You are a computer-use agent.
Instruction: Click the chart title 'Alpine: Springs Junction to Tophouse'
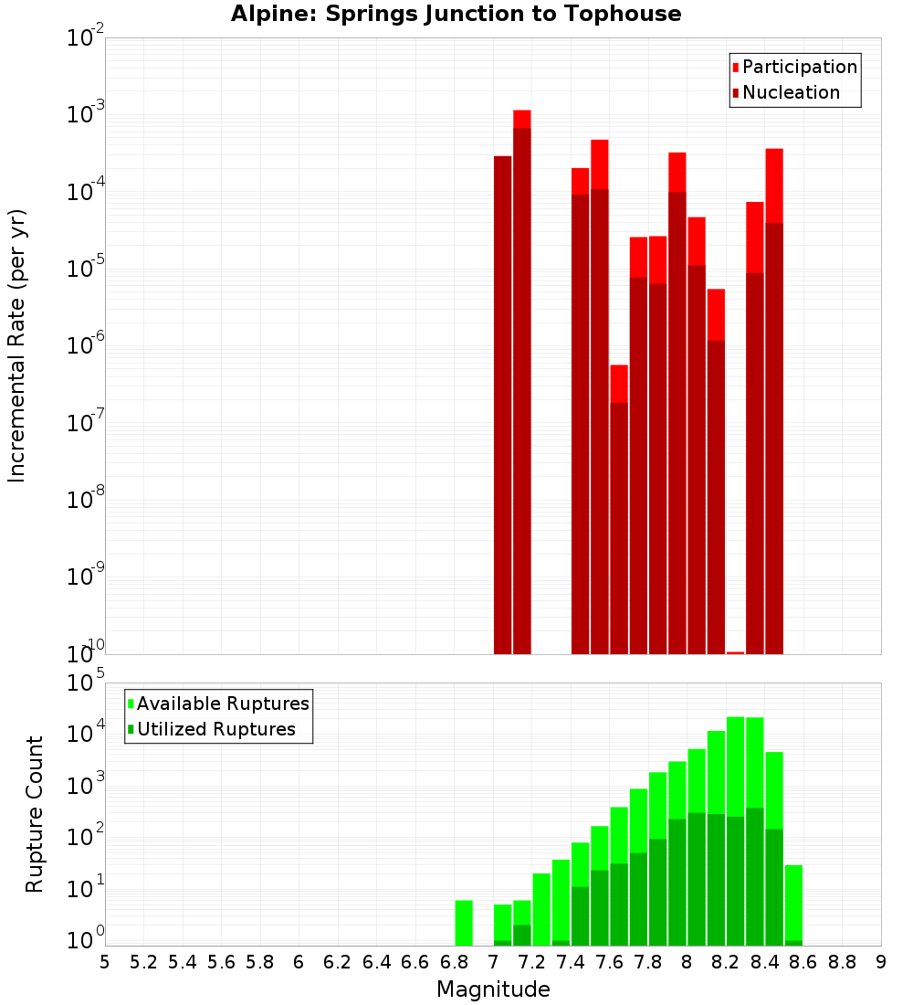click(456, 14)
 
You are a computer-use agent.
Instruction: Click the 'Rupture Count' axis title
click(35, 814)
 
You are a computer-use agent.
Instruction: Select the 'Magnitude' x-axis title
click(493, 989)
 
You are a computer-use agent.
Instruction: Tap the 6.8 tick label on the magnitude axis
click(454, 962)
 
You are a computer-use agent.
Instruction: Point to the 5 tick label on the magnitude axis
click(105, 962)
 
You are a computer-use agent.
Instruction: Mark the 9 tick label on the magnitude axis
click(881, 962)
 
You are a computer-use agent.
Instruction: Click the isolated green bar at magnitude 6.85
click(464, 923)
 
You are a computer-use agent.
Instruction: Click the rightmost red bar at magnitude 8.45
click(774, 402)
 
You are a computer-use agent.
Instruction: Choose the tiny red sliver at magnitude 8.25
click(735, 652)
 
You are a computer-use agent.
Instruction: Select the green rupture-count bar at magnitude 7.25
click(541, 909)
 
